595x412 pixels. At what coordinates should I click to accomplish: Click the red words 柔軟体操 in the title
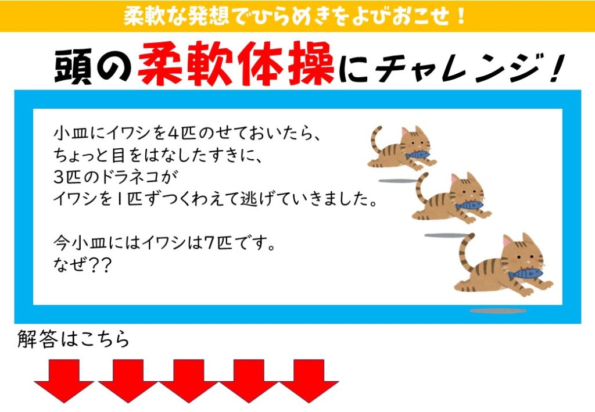coord(236,65)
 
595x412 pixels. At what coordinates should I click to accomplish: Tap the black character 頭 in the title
coord(74,66)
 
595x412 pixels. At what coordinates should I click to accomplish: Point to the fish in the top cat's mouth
coord(417,155)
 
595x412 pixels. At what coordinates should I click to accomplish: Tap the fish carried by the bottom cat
coord(525,274)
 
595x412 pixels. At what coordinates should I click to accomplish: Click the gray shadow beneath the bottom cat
coord(498,311)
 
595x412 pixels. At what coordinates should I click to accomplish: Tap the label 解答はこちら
coord(73,339)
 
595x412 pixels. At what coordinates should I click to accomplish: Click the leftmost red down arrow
coord(64,381)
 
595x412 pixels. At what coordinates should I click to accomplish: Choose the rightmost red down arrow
coord(309,381)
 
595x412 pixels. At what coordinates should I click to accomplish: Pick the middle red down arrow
coord(189,381)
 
